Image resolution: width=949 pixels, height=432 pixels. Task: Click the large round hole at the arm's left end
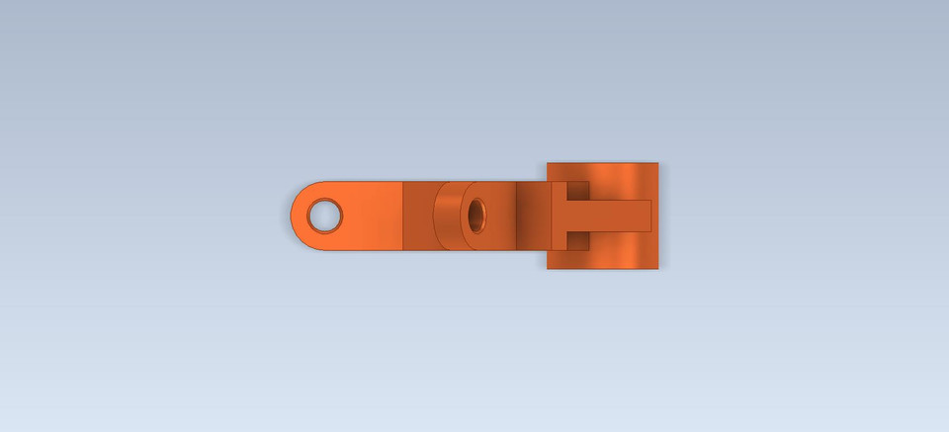pyautogui.click(x=324, y=216)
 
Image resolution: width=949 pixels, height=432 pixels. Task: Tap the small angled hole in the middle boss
pyautogui.click(x=476, y=216)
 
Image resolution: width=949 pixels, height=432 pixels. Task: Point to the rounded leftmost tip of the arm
pyautogui.click(x=293, y=216)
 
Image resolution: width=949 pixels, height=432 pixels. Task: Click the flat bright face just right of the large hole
pyautogui.click(x=372, y=216)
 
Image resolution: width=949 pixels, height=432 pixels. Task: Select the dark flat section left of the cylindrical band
pyautogui.click(x=417, y=216)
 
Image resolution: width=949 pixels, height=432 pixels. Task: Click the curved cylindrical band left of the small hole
pyautogui.click(x=447, y=216)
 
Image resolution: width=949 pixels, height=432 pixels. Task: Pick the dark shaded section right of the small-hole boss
pyautogui.click(x=532, y=216)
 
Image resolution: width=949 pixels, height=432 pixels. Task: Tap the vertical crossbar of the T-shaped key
pyautogui.click(x=560, y=216)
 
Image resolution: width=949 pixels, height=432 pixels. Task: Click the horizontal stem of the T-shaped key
pyautogui.click(x=608, y=216)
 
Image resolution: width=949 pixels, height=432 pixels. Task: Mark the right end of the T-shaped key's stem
pyautogui.click(x=649, y=216)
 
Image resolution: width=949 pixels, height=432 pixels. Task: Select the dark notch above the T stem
pyautogui.click(x=578, y=191)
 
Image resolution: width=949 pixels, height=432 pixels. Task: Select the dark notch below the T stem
pyautogui.click(x=578, y=240)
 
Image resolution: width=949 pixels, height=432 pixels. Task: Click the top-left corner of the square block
pyautogui.click(x=549, y=164)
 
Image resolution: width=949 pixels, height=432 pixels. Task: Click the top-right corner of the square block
pyautogui.click(x=657, y=164)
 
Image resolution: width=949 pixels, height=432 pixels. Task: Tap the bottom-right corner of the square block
pyautogui.click(x=657, y=268)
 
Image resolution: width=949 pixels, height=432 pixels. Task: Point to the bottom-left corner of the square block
pyautogui.click(x=549, y=268)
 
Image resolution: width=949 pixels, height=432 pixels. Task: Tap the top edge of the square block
pyautogui.click(x=603, y=164)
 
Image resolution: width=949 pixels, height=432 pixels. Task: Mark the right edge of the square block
pyautogui.click(x=657, y=216)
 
